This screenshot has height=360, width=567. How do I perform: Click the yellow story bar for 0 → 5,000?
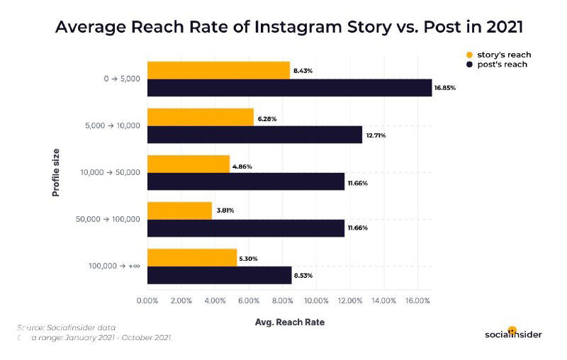coord(218,70)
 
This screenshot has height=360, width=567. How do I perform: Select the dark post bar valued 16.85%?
coord(289,88)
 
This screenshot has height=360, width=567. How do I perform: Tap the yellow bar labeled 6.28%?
coord(200,117)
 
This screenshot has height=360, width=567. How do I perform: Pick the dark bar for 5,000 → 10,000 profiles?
coord(254,135)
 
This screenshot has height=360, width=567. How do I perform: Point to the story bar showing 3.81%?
coord(179,210)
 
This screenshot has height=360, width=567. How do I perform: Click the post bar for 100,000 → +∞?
coord(219,275)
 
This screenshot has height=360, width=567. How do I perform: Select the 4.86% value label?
coord(242,167)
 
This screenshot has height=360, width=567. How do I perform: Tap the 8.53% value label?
coord(304,275)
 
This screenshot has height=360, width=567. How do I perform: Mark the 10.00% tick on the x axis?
coord(315,301)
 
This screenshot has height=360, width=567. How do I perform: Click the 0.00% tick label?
coord(147,301)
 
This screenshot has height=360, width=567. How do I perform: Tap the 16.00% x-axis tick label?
coord(417,301)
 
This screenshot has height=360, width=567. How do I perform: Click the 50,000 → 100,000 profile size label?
coord(108,220)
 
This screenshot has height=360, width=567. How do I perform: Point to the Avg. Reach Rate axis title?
coord(289,322)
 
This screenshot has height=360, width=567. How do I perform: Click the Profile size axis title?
coord(56,173)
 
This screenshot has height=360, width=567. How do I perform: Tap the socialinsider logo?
coord(514,333)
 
